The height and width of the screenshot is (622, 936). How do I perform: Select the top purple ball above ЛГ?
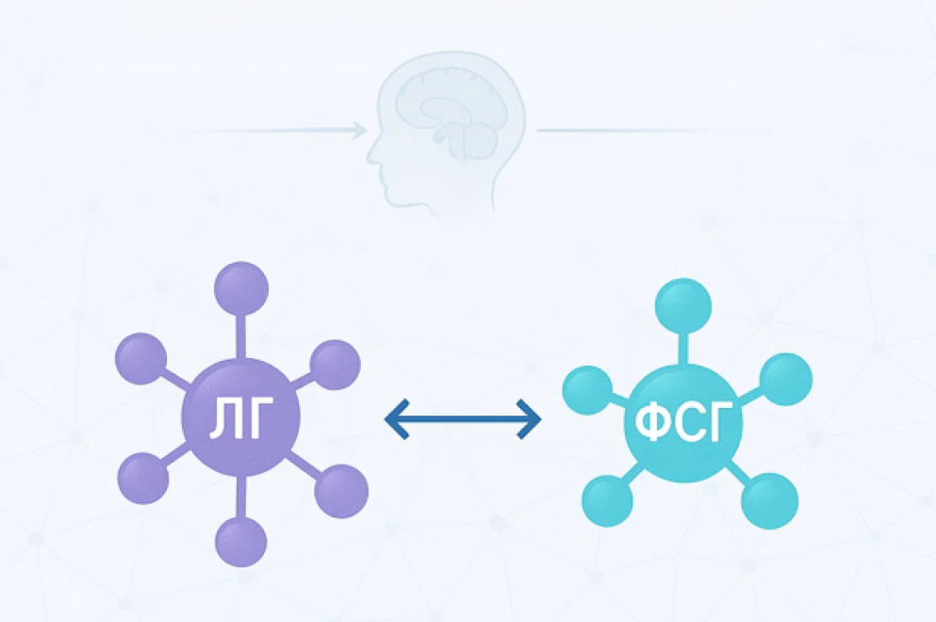coord(241,288)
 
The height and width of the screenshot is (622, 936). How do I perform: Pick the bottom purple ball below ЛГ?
coord(241,542)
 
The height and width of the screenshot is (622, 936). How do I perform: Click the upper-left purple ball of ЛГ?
coord(140,359)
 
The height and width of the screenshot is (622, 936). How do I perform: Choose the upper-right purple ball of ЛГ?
coord(335,365)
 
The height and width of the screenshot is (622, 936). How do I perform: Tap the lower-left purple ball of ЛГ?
coord(143,478)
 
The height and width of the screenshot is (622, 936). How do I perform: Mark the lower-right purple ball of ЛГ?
coord(341,491)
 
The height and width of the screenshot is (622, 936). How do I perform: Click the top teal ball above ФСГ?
coord(683,305)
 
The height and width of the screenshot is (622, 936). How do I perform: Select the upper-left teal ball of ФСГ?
coord(588,390)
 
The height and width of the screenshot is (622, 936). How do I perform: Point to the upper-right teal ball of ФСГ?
coord(785,380)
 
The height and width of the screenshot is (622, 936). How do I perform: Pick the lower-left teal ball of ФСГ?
coord(607,500)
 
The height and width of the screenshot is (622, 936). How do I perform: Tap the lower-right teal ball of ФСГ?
coord(769,500)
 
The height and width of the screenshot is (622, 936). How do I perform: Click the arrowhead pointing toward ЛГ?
coord(397,419)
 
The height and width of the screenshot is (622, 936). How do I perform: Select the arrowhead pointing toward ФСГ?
coord(530,419)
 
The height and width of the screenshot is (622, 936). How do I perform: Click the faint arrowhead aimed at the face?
coord(359,129)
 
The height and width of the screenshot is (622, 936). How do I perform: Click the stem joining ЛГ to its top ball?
coord(241,337)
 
